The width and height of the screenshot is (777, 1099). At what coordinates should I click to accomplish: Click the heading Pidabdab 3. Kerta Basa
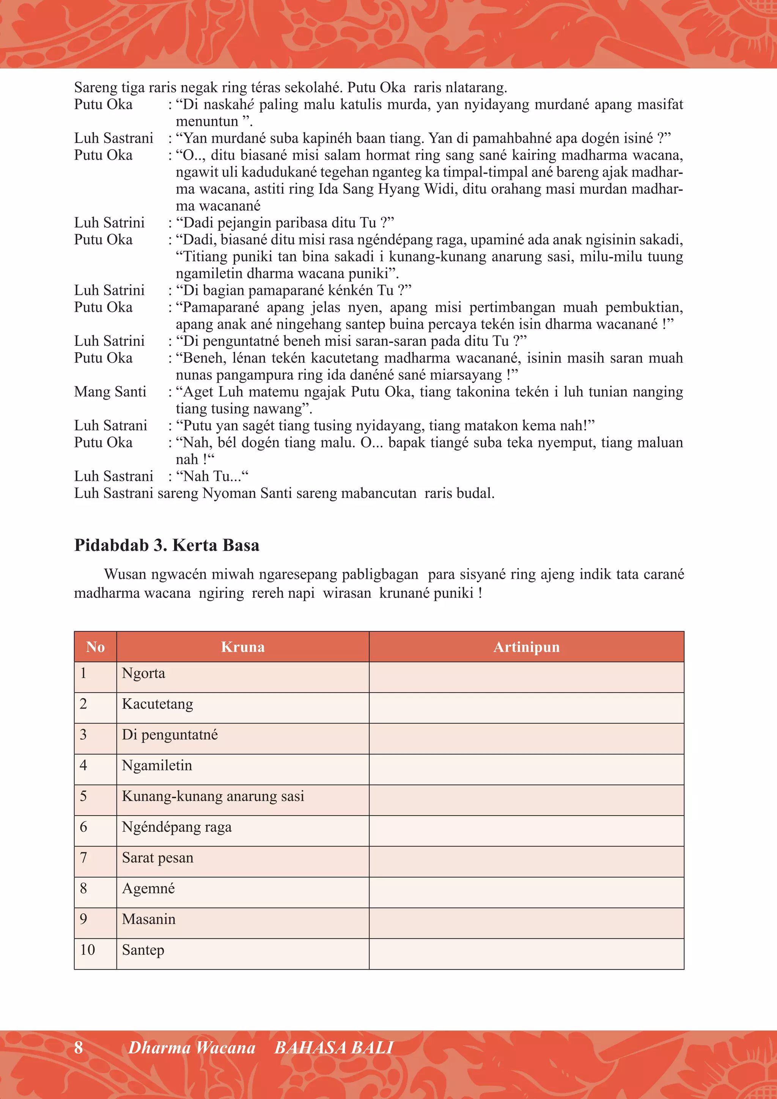click(167, 545)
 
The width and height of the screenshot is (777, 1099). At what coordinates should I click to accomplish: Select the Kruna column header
click(242, 647)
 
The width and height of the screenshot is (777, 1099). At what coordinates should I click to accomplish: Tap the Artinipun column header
click(526, 647)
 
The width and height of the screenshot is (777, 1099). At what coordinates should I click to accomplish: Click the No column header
click(95, 647)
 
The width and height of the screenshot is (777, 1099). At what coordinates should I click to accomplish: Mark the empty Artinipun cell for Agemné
click(526, 888)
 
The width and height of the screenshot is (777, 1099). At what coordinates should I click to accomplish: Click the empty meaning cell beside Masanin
click(526, 919)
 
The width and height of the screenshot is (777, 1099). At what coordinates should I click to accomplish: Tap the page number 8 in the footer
click(79, 1047)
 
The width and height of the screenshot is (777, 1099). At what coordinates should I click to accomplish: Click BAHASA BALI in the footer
click(333, 1047)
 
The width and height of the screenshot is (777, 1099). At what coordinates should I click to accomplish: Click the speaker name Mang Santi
click(110, 392)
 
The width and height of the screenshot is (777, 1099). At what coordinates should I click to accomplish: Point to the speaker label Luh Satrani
click(110, 425)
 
